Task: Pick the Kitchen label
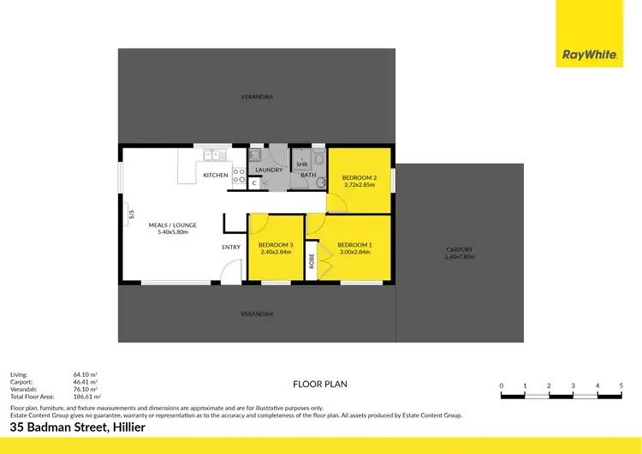[216, 176]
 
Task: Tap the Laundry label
[269, 170]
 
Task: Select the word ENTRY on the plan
[231, 248]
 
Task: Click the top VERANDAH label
[257, 97]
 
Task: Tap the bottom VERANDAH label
[257, 314]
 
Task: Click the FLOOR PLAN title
[320, 384]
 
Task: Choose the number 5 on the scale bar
[621, 385]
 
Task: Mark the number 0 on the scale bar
[501, 385]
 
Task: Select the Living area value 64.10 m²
[85, 374]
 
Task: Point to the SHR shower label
[301, 164]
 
